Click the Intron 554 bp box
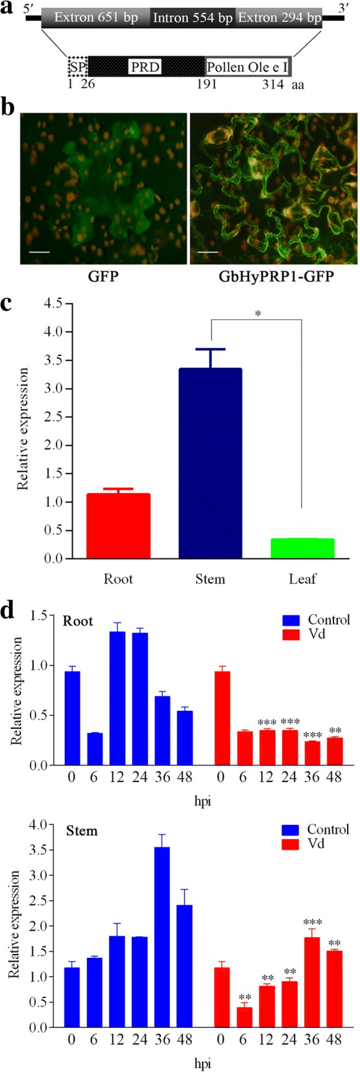coord(193,18)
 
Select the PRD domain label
coord(145,67)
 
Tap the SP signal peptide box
coord(77,67)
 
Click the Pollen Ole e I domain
coord(247,67)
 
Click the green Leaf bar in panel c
coord(302,548)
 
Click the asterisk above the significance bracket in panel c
coord(258,314)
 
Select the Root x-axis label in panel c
coord(118,578)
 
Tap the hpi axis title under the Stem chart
coord(202,1064)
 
